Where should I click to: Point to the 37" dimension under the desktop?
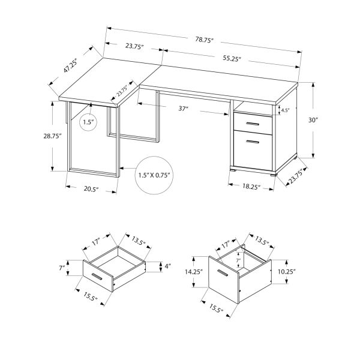[183, 109]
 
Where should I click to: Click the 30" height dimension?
[312, 119]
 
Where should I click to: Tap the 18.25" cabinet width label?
[251, 187]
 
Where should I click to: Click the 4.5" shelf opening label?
[285, 110]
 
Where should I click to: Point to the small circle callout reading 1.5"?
[89, 122]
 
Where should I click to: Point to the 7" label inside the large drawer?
[238, 260]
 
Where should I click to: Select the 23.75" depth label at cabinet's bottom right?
[295, 176]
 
